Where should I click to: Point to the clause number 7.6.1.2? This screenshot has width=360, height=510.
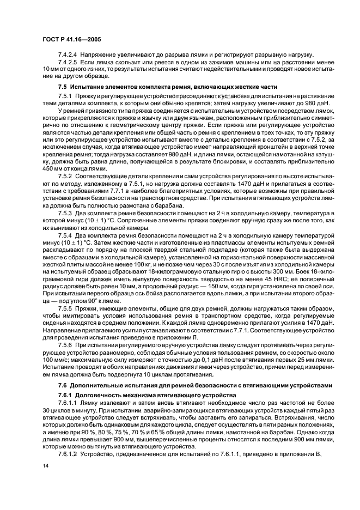pos(68,453)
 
